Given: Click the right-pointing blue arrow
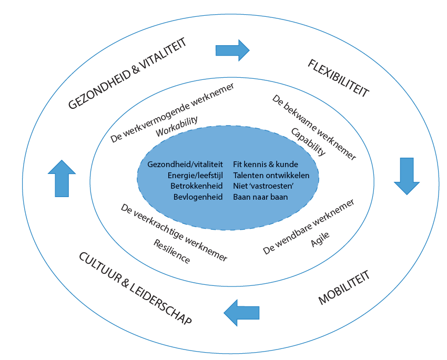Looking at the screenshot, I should [x=232, y=50].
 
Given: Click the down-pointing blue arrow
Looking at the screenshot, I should [x=407, y=176].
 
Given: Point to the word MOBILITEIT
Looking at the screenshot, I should [x=344, y=288].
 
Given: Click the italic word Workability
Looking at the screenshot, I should [x=177, y=126].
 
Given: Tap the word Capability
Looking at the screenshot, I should [x=309, y=142].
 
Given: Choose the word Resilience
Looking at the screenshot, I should [x=172, y=252].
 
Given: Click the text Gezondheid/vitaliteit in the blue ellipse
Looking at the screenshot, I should [x=185, y=164].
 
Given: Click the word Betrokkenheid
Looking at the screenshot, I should [x=197, y=186].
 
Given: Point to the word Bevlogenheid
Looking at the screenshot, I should [x=198, y=197].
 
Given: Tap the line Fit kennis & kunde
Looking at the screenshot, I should [x=265, y=164].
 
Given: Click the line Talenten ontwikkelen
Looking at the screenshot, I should [x=271, y=175].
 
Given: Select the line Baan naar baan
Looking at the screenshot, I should [x=260, y=197].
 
